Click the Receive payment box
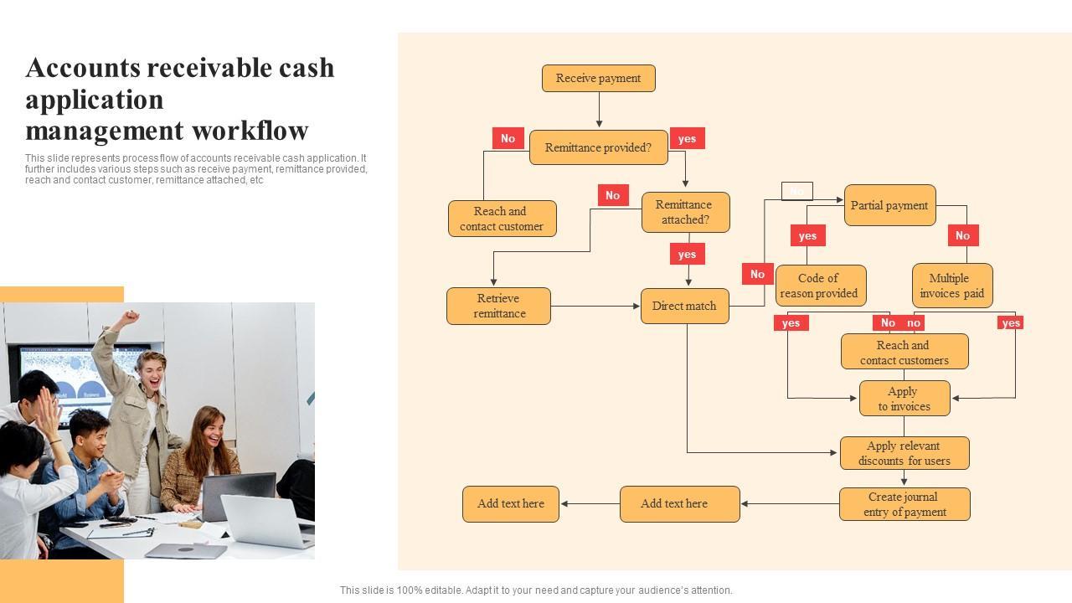pyautogui.click(x=598, y=79)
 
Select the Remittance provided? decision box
pyautogui.click(x=598, y=147)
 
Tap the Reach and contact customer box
pyautogui.click(x=502, y=219)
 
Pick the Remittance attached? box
pyautogui.click(x=685, y=212)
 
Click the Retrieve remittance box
pyautogui.click(x=498, y=306)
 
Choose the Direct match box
pyautogui.click(x=684, y=306)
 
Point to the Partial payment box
pyautogui.click(x=889, y=205)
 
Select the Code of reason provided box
pyautogui.click(x=820, y=286)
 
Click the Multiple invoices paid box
pyautogui.click(x=951, y=286)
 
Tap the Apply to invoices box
pyautogui.click(x=904, y=399)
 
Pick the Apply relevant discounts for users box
pyautogui.click(x=904, y=453)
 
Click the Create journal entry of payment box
pyautogui.click(x=904, y=504)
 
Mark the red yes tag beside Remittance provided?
pyautogui.click(x=687, y=139)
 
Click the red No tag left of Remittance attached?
pyautogui.click(x=612, y=195)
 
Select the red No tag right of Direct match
pyautogui.click(x=757, y=274)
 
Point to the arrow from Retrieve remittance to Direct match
pyautogui.click(x=595, y=307)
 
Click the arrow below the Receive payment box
pyautogui.click(x=599, y=110)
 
